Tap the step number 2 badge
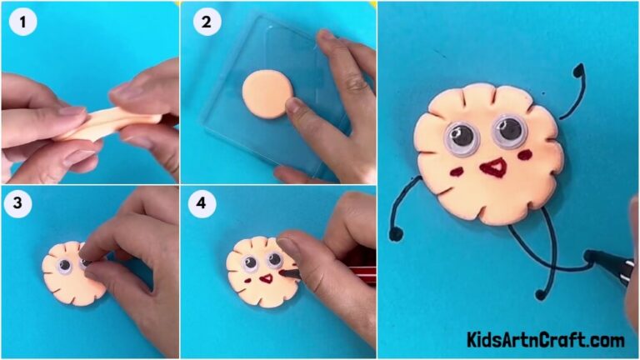[204, 22]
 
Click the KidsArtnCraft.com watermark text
[545, 340]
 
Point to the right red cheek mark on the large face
[524, 156]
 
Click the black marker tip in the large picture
[593, 256]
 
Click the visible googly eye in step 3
[64, 265]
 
